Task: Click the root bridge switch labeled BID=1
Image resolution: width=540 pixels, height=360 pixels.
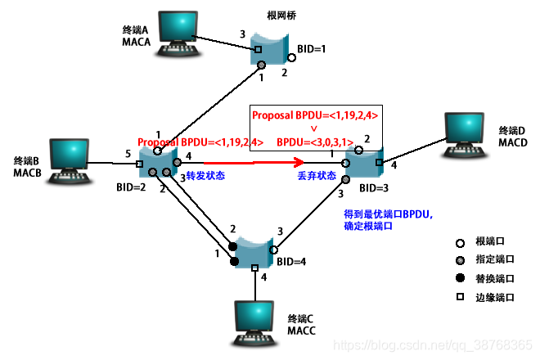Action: pyautogui.click(x=272, y=50)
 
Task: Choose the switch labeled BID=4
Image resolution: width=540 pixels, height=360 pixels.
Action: pyautogui.click(x=253, y=249)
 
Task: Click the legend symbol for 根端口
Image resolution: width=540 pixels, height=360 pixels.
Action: pyautogui.click(x=461, y=243)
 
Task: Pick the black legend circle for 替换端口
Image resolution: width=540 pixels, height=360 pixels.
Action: pyautogui.click(x=461, y=279)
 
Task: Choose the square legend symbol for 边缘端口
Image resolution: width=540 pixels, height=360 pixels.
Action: pyautogui.click(x=461, y=298)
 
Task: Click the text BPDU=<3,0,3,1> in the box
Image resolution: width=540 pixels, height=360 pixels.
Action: pyautogui.click(x=315, y=142)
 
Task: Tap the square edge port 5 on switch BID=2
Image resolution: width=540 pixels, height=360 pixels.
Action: pyautogui.click(x=139, y=164)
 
